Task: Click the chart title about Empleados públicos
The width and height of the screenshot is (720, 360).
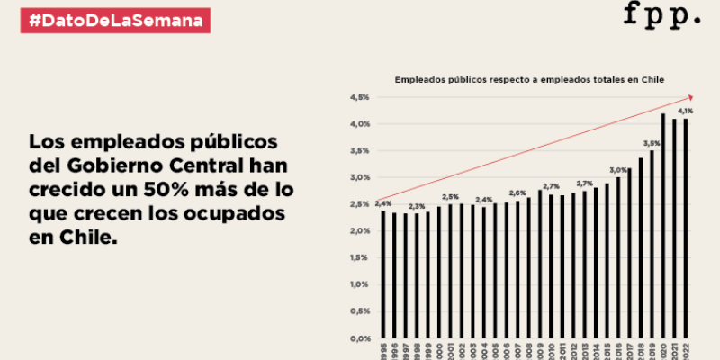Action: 530,80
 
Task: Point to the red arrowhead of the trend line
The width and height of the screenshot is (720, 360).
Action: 688,96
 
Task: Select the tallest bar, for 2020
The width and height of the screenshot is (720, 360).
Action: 663,225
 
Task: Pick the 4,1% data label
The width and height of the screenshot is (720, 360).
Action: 686,111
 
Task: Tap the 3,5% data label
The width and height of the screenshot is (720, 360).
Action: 652,143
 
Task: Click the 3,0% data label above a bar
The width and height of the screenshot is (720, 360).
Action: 618,170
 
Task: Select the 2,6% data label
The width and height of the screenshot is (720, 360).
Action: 517,193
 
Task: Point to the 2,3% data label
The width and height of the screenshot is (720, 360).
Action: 416,207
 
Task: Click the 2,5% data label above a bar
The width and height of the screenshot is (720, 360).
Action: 450,197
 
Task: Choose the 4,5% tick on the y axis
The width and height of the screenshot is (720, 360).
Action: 360,97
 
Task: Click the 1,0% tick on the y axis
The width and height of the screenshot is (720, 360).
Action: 360,284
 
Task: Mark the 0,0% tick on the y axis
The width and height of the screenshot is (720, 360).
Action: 360,338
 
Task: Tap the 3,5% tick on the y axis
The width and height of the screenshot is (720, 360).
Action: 360,150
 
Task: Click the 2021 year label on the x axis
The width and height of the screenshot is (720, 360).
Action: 675,349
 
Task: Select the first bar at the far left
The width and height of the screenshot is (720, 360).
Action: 382,274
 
